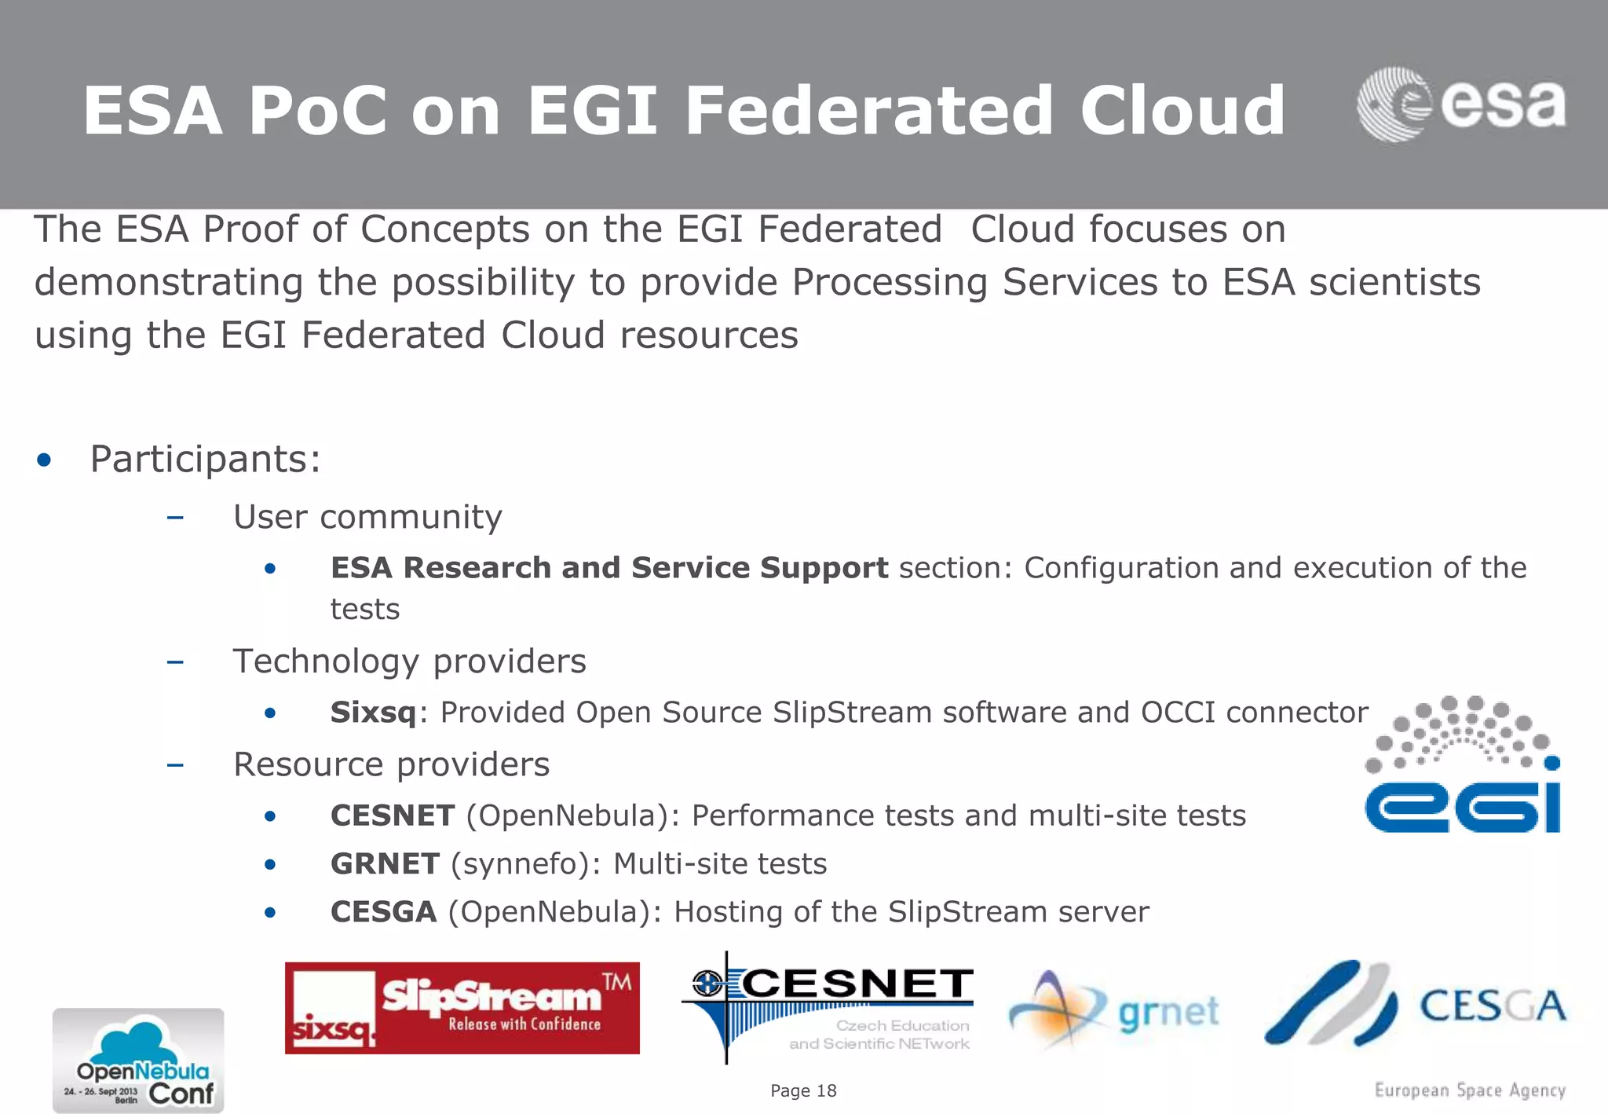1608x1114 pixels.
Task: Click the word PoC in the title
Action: [x=316, y=111]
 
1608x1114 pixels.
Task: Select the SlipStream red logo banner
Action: [x=462, y=1008]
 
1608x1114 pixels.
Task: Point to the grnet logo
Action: [x=1115, y=1010]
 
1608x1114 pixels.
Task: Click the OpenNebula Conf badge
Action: [x=138, y=1061]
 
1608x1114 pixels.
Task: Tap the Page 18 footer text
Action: [x=803, y=1090]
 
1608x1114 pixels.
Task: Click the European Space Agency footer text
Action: [x=1470, y=1090]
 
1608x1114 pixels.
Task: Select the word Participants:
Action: [x=206, y=460]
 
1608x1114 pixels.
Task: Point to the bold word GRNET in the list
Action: [x=385, y=864]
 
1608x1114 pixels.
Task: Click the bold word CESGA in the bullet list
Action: [x=383, y=912]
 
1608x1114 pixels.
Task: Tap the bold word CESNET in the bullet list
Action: [x=393, y=815]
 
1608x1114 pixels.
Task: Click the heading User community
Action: [x=367, y=517]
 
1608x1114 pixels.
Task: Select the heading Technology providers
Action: [x=409, y=661]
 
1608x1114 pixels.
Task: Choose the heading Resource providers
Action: [x=391, y=764]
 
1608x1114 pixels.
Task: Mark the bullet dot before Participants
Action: [x=44, y=460]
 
